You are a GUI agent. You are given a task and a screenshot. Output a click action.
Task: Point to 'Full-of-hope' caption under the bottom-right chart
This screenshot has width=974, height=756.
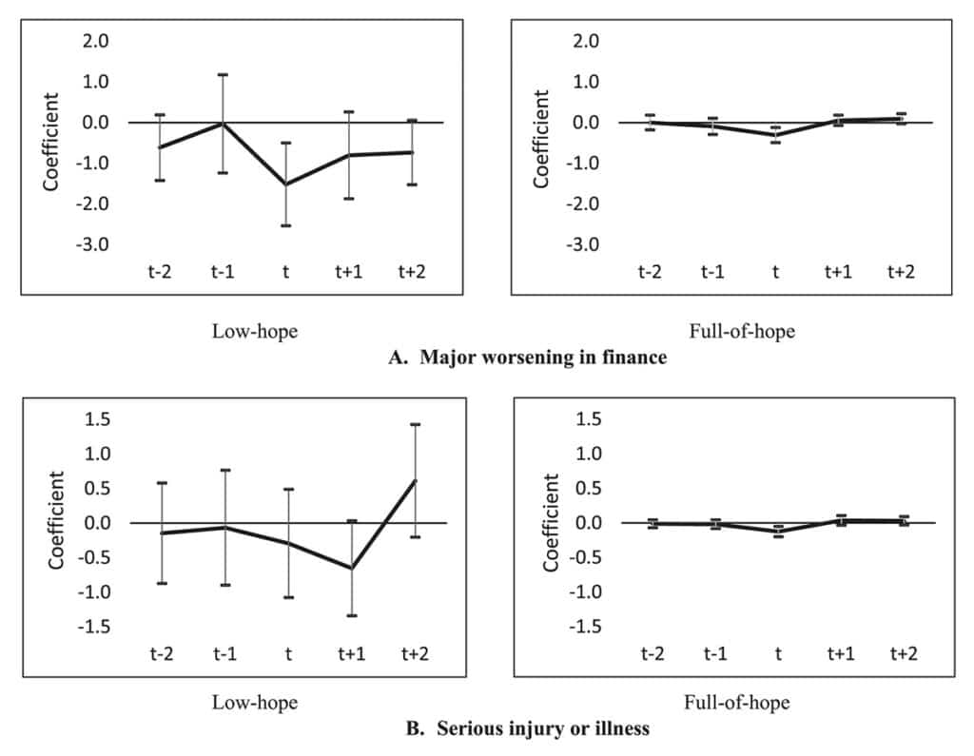pos(738,704)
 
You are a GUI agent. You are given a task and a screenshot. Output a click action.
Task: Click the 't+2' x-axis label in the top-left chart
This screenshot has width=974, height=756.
pos(412,272)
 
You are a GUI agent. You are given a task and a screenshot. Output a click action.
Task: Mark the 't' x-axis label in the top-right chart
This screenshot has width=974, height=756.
pos(775,272)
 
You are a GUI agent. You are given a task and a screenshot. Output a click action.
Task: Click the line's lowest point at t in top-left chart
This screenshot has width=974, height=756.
pos(286,184)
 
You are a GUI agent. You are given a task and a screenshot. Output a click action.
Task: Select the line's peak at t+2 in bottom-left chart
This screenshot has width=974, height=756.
pos(415,480)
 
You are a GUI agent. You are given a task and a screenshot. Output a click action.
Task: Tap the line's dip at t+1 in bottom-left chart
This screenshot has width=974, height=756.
pos(351,569)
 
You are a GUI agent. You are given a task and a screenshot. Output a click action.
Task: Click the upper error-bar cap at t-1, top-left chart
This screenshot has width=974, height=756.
pos(224,74)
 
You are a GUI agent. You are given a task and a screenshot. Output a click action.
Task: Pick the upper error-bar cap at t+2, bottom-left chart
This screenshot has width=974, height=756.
pos(415,424)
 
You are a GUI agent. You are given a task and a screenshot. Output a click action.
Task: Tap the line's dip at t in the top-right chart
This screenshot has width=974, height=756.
pos(775,135)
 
